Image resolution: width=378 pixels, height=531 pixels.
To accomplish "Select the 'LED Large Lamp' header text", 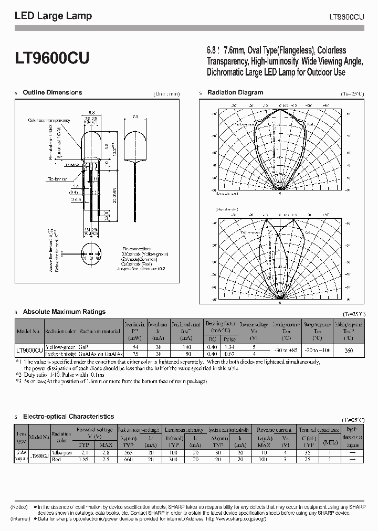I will click(53, 16).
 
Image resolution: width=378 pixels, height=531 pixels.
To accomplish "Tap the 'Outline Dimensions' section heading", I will click(52, 92).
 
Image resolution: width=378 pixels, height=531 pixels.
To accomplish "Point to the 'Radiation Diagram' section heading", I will click(235, 92).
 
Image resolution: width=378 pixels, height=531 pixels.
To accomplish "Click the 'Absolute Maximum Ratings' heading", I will click(64, 312).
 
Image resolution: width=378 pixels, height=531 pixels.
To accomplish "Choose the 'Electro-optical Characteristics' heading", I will click(68, 417).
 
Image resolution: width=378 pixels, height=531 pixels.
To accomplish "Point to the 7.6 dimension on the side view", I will click(134, 116).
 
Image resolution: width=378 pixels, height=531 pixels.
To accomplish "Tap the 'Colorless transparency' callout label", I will click(49, 121).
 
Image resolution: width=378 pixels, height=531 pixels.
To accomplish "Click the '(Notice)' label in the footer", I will click(19, 507).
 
